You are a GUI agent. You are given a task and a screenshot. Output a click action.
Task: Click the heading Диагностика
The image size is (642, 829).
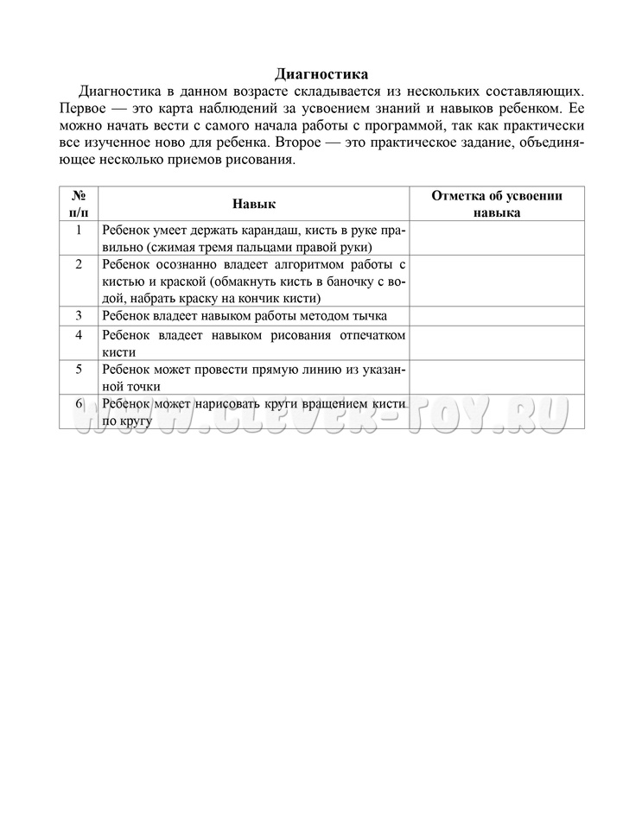tap(321, 74)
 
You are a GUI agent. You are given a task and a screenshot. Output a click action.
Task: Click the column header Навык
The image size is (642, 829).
tap(253, 204)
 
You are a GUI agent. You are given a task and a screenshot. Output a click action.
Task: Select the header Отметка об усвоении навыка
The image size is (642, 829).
tap(497, 204)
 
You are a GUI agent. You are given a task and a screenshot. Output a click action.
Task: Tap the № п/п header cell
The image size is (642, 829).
tap(79, 204)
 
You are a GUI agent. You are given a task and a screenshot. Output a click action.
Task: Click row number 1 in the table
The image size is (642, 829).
tap(79, 230)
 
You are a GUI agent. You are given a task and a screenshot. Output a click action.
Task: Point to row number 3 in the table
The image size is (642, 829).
tap(79, 315)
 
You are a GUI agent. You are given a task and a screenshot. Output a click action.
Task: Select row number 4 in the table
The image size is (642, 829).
tap(79, 335)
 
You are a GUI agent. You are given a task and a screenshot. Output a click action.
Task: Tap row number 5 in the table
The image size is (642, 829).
tap(79, 369)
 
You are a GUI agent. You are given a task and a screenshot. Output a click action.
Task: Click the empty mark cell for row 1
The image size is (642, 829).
tap(497, 237)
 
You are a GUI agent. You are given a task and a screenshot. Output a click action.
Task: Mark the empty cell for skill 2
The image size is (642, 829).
tap(497, 281)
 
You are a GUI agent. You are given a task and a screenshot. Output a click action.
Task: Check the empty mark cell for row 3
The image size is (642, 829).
tap(497, 316)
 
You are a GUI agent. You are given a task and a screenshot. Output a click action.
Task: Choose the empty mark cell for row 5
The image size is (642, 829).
tap(497, 377)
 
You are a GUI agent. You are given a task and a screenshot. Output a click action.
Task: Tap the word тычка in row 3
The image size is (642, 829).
tap(369, 316)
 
